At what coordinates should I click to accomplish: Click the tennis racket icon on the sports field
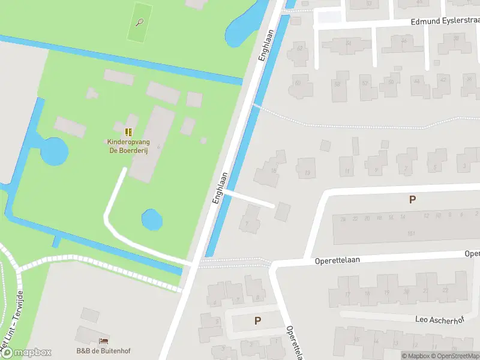[x=140, y=23]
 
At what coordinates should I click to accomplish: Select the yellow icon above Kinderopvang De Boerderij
[x=128, y=131]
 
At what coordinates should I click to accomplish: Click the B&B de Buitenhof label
[x=103, y=351]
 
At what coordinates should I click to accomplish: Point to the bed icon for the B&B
[x=103, y=341]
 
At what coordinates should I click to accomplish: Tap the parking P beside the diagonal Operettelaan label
[x=257, y=321]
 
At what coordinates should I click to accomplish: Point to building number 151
[x=411, y=233]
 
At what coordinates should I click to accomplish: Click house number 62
[x=299, y=47]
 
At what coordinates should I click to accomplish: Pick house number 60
[x=298, y=83]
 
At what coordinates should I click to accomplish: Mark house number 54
[x=348, y=43]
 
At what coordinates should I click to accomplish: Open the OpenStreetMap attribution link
[x=454, y=356]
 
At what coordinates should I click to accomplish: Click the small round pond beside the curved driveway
[x=152, y=220]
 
